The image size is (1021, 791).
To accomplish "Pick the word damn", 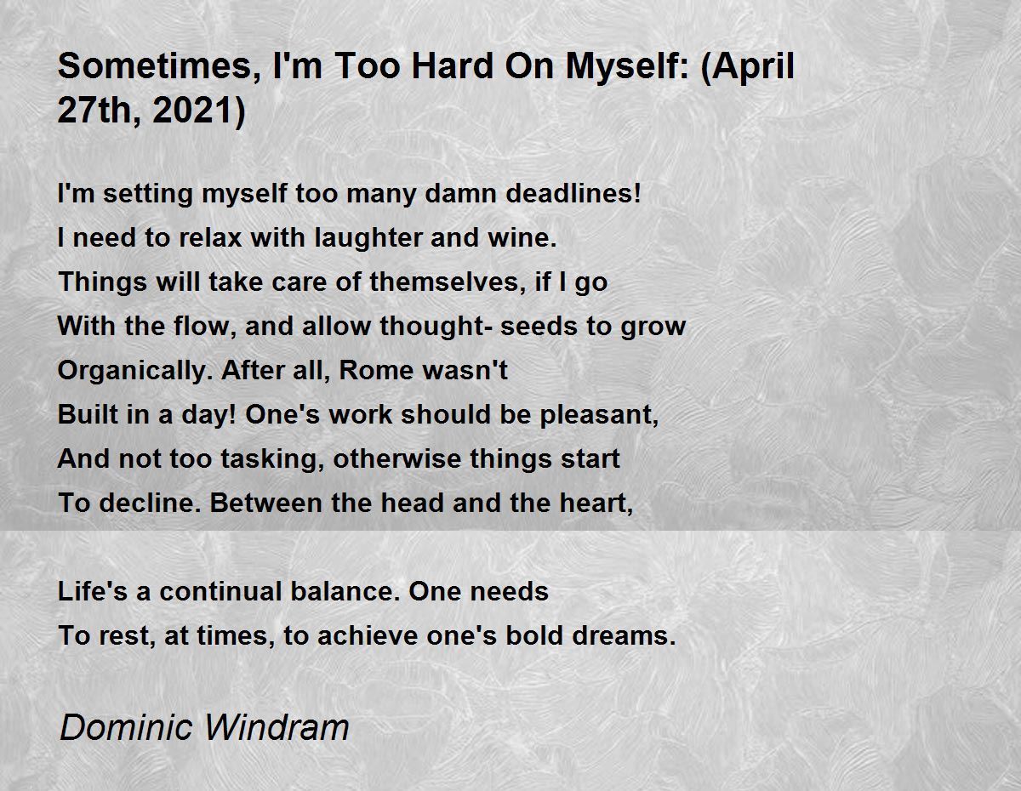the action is (460, 193).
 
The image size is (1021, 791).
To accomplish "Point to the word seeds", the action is (538, 326).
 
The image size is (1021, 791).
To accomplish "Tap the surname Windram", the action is (277, 727).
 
